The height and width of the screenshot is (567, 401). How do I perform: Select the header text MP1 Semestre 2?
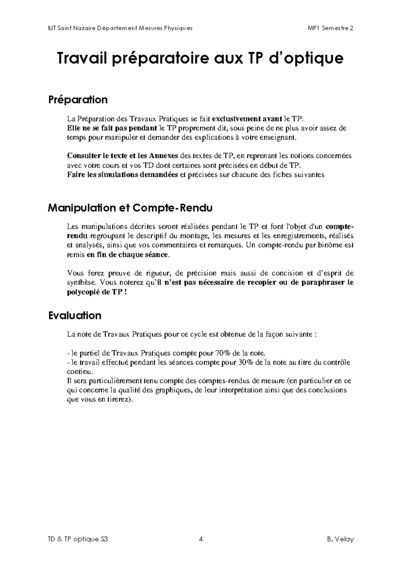pos(330,28)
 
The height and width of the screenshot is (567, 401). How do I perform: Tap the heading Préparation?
pos(78,100)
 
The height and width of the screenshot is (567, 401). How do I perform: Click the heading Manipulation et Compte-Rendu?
pos(130,208)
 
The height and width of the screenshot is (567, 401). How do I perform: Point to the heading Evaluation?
pos(75,316)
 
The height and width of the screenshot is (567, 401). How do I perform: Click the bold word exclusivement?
pos(231,119)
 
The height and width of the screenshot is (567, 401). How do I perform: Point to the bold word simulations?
pos(118,174)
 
